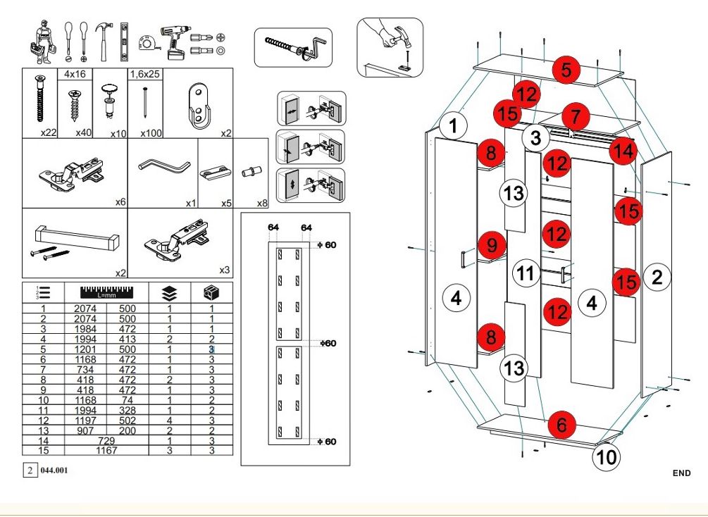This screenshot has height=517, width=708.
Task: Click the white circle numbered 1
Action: click(454, 126)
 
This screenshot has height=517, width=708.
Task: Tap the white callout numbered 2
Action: click(657, 277)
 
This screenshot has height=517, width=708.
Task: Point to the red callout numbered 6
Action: click(561, 425)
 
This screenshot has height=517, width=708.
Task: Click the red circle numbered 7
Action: click(576, 116)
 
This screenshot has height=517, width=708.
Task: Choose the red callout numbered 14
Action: click(622, 150)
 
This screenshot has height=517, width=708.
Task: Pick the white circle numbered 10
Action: click(606, 458)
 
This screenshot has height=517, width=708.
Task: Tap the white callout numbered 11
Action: click(526, 273)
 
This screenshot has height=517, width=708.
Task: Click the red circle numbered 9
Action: click(492, 245)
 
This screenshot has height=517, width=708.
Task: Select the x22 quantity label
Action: click(49, 132)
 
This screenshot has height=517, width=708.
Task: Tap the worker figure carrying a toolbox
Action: click(43, 40)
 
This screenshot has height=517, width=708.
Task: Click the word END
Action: click(681, 473)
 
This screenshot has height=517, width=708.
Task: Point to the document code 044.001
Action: click(55, 470)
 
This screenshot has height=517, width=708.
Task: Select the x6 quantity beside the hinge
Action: click(120, 202)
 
